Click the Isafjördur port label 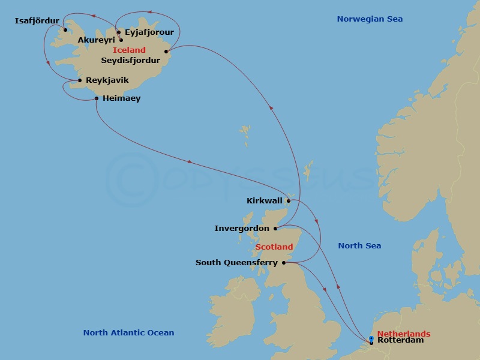pos(37,22)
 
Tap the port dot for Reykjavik pos(80,80)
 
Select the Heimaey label pos(121,98)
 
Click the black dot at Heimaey pos(97,98)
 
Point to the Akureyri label pos(96,40)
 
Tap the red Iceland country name pos(129,50)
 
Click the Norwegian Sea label pos(370,19)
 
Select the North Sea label pos(359,245)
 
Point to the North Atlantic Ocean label pos(128,333)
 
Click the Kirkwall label pos(265,201)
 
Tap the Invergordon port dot pos(275,229)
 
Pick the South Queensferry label pos(236,262)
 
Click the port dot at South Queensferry pos(284,262)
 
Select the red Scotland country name pos(274,247)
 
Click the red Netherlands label pos(404,334)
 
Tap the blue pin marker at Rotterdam pos(371,339)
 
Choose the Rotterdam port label pos(400,340)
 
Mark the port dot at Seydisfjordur pos(166,51)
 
